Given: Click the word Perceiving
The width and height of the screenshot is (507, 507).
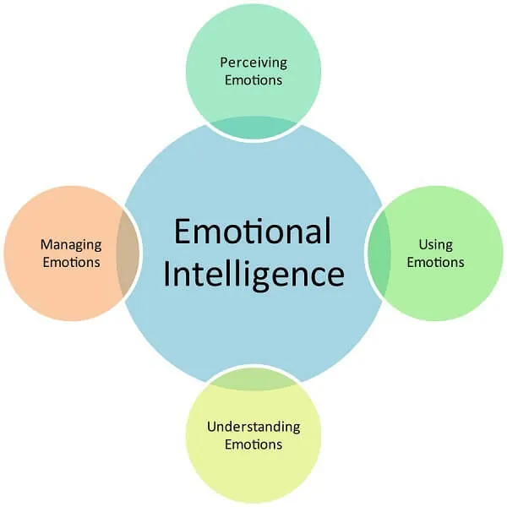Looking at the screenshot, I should [x=253, y=63].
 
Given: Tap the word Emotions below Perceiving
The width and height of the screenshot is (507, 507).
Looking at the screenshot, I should [x=253, y=80].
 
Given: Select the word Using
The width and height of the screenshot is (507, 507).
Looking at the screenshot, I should [x=435, y=245].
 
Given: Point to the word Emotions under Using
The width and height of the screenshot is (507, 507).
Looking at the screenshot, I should [x=435, y=262].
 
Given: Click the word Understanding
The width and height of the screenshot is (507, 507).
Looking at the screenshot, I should [x=253, y=427].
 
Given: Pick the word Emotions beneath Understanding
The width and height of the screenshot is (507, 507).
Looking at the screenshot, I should [x=253, y=444].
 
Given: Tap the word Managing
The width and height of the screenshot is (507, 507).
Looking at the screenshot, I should [x=71, y=245].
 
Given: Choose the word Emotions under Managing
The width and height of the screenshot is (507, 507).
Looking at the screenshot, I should [x=71, y=262].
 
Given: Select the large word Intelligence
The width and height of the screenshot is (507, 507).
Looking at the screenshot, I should [x=253, y=275].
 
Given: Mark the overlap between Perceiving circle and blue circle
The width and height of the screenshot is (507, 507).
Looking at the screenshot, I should [x=253, y=127].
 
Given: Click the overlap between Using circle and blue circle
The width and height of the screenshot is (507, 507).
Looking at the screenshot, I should [x=377, y=253].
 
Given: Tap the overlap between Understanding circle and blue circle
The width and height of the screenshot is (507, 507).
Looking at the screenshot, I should [x=253, y=380].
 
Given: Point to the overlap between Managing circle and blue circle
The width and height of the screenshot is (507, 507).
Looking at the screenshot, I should [x=129, y=253].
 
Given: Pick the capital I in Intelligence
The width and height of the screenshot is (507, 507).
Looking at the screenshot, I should [x=167, y=275].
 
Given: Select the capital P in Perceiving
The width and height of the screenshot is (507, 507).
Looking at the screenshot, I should [x=224, y=63].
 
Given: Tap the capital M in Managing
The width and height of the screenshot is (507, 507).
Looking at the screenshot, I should [x=46, y=245].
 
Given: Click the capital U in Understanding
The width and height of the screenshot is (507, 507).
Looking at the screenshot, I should [x=211, y=426].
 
